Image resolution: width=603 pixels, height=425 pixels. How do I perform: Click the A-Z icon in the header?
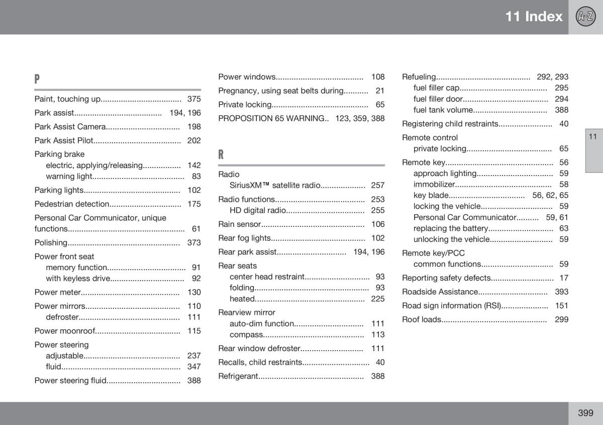point(585,17)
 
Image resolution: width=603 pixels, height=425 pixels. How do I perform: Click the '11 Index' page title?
point(534,17)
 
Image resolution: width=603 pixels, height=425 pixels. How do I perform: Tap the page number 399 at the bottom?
point(585,413)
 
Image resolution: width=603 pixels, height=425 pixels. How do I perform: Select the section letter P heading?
point(37,79)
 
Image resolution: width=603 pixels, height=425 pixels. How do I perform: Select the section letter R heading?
point(221,154)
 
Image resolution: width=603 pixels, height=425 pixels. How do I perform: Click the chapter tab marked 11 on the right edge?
point(593,137)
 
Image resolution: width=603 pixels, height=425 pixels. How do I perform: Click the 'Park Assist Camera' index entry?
point(70,127)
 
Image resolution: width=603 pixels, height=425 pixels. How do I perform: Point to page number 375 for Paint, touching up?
point(194,99)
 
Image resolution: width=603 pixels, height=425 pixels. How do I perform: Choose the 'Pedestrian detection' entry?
point(72,204)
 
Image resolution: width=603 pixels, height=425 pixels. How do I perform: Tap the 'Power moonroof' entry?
point(64,331)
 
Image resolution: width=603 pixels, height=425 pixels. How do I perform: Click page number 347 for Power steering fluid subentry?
point(194,367)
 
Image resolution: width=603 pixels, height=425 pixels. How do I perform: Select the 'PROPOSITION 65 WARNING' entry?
point(271,119)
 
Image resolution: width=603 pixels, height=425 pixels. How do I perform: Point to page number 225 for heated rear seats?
point(378,299)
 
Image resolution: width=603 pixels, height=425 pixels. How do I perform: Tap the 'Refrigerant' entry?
point(238,376)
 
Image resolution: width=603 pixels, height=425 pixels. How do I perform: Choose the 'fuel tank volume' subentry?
point(443,110)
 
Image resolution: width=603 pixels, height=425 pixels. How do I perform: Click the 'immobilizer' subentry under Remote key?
point(434,185)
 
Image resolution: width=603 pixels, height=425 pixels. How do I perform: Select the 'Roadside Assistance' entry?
point(440,292)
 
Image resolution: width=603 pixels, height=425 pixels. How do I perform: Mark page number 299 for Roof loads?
point(562,319)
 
